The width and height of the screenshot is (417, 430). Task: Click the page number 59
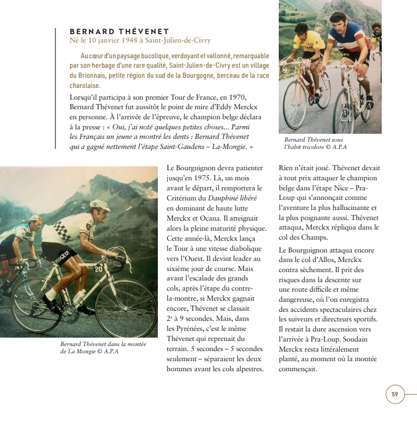395,394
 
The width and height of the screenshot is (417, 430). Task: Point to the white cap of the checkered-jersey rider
100,205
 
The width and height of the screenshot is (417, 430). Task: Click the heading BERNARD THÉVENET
119,31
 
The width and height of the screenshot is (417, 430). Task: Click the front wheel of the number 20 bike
126,307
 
